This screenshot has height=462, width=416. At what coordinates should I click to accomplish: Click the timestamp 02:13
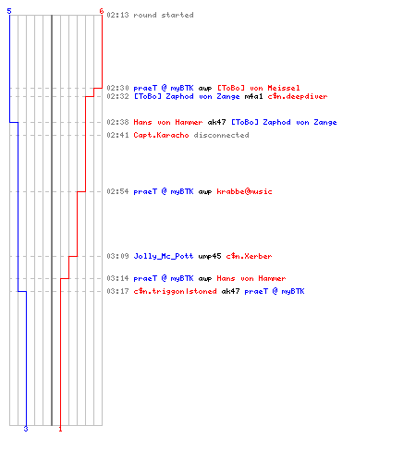tap(117, 15)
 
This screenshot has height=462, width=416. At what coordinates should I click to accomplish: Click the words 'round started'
tap(164, 15)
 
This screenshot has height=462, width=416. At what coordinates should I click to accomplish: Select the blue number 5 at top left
tap(9, 11)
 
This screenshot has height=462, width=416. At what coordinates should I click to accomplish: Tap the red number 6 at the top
tap(102, 11)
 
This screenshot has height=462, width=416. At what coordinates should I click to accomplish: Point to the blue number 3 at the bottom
tap(26, 429)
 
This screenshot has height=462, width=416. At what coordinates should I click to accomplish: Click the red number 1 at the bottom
tap(60, 429)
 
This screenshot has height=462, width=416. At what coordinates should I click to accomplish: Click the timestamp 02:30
tap(117, 88)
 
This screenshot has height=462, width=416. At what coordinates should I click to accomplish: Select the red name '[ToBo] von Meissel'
tap(258, 88)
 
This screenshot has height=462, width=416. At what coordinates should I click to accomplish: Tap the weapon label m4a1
tap(253, 96)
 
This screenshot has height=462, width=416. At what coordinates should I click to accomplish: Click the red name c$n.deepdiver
tap(298, 96)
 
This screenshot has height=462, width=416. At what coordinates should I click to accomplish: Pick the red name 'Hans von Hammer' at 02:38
tap(168, 122)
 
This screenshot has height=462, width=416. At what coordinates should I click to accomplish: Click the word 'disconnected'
tap(221, 135)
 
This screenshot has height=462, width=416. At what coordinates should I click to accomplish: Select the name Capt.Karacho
tap(161, 135)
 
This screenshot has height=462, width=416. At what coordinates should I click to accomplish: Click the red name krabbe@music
tap(244, 191)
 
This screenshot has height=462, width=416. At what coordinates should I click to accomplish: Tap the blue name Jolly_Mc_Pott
tap(164, 256)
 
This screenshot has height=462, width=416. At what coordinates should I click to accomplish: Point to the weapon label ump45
tap(210, 256)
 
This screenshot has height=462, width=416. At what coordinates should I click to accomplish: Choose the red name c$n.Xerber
tap(249, 256)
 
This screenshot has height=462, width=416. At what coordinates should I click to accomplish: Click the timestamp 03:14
tap(117, 278)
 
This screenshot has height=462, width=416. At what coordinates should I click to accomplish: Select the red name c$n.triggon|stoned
tap(175, 291)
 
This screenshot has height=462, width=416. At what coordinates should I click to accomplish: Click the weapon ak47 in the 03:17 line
tap(230, 291)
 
